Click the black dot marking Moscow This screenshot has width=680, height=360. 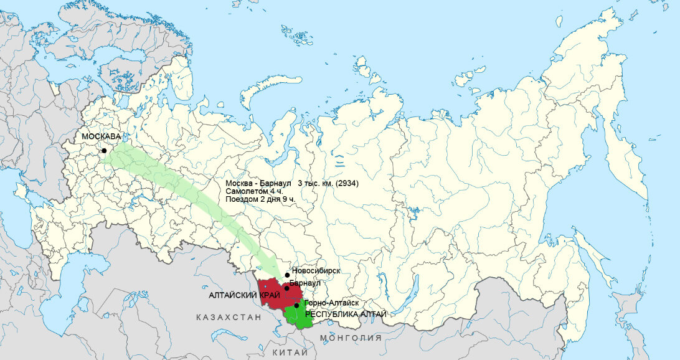coord(104,150)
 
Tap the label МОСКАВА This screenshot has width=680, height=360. coord(102,136)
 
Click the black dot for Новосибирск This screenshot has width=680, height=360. coord(287,275)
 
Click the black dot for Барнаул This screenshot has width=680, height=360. coord(286,288)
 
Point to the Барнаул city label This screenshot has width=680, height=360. coord(305,283)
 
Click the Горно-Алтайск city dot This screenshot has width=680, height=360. coord(296,305)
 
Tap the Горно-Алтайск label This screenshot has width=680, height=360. coord(331,302)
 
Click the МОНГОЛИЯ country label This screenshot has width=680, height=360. coord(351,338)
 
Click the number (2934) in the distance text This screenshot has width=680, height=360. coord(346,184)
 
